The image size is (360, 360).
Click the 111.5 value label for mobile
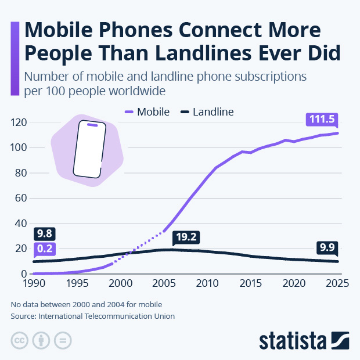[x=322, y=119]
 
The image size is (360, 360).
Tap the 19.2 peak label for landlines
[x=186, y=237]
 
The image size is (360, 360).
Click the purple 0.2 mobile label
[x=44, y=249]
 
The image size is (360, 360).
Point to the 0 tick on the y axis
[x=25, y=273]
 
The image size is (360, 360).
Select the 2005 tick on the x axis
[x=164, y=284]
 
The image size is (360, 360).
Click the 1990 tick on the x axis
[x=34, y=284]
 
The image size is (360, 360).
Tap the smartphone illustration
[x=89, y=149]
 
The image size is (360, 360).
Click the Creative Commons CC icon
[x=19, y=340]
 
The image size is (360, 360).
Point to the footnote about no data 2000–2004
[x=86, y=304]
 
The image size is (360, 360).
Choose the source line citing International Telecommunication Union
[x=92, y=316]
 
